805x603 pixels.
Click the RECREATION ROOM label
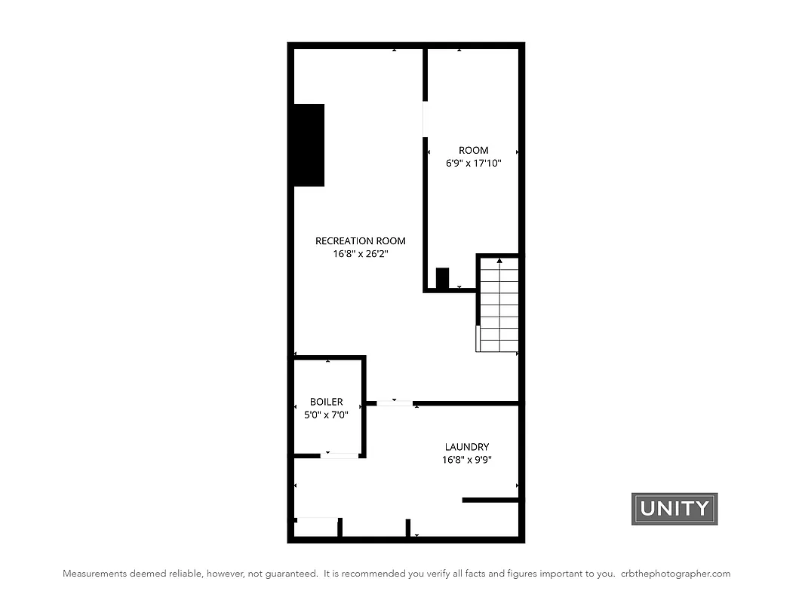[x=360, y=241]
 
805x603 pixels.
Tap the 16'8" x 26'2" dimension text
[x=360, y=255]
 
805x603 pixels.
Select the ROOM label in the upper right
[x=473, y=150]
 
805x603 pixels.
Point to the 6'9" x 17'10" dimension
[x=473, y=163]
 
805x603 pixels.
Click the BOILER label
[x=326, y=402]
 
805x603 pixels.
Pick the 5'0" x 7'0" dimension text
[x=326, y=415]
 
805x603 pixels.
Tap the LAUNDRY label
[x=466, y=447]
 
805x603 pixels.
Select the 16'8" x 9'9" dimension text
[x=466, y=460]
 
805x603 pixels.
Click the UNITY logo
[x=674, y=509]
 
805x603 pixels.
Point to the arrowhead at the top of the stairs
[x=499, y=260]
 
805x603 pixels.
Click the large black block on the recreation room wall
[x=309, y=145]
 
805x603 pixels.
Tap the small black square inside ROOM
[x=442, y=277]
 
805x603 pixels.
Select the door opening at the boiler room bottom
[x=340, y=455]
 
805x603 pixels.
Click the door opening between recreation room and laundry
[x=395, y=403]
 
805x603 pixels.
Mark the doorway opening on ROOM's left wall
[x=425, y=118]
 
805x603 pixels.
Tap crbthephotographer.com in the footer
[x=675, y=574]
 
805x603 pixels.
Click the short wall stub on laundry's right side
[x=490, y=500]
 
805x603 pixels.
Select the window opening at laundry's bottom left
[x=317, y=519]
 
